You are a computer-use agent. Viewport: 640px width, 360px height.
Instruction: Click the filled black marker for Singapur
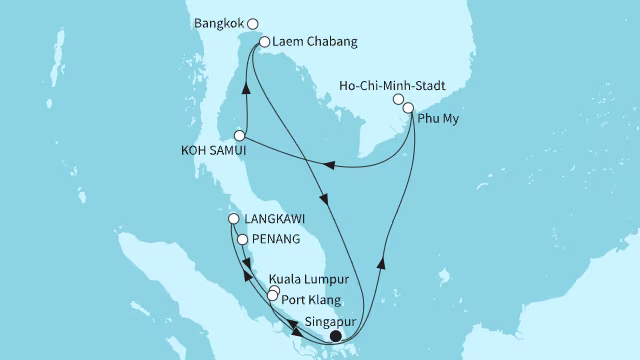point(336,337)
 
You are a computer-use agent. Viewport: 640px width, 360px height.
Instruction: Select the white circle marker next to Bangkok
point(253,23)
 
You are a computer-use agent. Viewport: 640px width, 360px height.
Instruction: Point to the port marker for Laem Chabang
point(264,42)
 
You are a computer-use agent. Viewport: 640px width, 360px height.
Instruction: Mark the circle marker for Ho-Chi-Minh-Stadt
point(398,100)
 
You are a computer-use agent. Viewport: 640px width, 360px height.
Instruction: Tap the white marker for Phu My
point(408,107)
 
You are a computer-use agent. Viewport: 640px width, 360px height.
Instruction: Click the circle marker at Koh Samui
point(240,135)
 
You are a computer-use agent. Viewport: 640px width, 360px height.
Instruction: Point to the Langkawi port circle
point(234,219)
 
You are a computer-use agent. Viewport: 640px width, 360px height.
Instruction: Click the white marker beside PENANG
point(242,239)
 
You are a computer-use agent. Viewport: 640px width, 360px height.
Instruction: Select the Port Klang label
point(311,300)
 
